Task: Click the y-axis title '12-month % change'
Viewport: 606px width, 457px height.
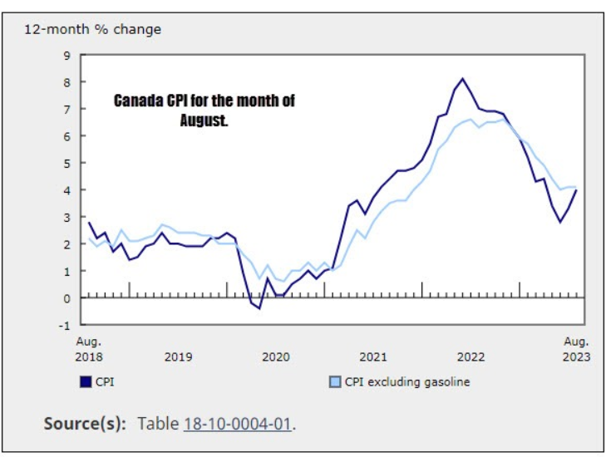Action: tap(92, 30)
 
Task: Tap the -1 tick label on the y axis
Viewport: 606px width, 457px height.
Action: tap(64, 325)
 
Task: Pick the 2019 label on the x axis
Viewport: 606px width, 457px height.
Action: tap(178, 357)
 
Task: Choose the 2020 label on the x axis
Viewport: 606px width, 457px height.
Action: tap(276, 357)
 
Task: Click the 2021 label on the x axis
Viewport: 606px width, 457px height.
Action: tap(373, 357)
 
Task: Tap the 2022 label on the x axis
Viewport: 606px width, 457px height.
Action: tap(471, 357)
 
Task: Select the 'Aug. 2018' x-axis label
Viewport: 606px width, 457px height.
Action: tap(89, 349)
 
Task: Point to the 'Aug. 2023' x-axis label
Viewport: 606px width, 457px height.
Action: tap(576, 349)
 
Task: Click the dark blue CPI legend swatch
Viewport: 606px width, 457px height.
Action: tap(85, 382)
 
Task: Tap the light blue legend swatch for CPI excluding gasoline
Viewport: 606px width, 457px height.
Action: tap(334, 382)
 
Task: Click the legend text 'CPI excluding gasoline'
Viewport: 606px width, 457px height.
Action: tap(407, 382)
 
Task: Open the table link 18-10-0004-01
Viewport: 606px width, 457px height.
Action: tap(237, 424)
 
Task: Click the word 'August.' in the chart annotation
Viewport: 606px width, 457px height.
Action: tap(204, 120)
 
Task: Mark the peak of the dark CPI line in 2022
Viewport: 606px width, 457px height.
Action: tap(462, 79)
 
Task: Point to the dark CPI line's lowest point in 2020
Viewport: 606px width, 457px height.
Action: tap(259, 308)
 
